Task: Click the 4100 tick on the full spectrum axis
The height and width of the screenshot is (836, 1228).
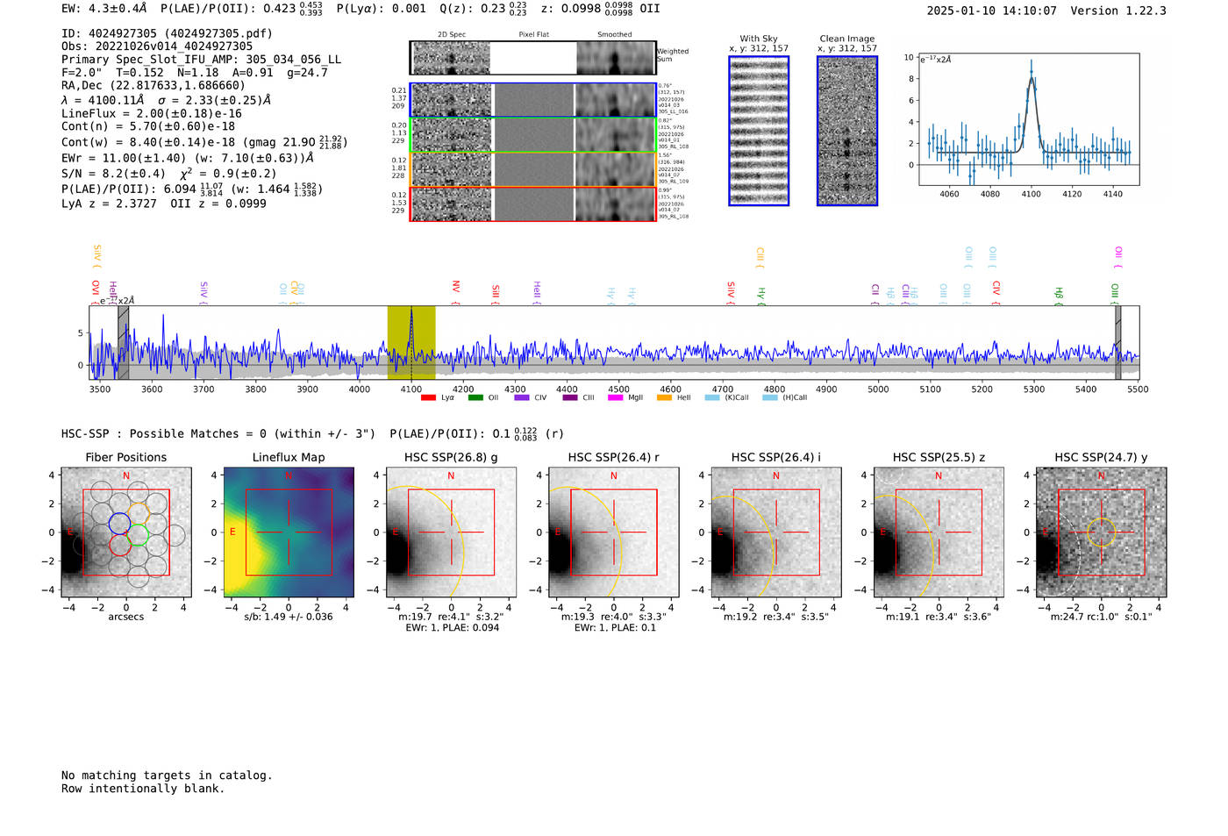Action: tap(411, 389)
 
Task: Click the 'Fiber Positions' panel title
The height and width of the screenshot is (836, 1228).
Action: tap(125, 457)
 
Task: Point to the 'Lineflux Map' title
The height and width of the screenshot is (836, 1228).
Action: tap(289, 457)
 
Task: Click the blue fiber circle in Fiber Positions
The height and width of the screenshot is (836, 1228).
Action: tap(119, 524)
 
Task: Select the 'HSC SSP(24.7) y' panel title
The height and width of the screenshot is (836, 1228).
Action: tap(1101, 457)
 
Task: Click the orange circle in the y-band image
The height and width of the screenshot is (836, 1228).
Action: tap(1101, 532)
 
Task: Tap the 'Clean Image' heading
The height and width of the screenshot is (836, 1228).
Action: tap(846, 39)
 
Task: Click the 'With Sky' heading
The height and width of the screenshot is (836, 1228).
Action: tap(758, 39)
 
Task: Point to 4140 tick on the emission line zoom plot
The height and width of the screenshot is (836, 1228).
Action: tap(1112, 194)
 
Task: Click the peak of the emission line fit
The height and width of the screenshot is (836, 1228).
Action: tap(1032, 72)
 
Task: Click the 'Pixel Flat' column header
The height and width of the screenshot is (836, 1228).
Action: tap(533, 35)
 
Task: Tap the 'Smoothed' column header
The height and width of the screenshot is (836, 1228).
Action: tap(614, 35)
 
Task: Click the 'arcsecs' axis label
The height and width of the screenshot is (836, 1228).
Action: tap(125, 617)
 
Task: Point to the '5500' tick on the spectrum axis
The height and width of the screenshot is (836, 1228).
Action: tap(1138, 389)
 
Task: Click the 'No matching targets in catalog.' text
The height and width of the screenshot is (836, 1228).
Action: tap(167, 775)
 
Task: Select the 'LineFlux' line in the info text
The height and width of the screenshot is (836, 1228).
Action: tap(151, 113)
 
